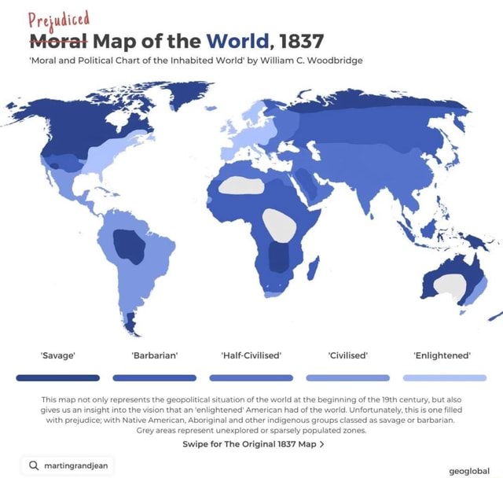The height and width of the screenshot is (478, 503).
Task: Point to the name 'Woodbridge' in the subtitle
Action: click(x=333, y=61)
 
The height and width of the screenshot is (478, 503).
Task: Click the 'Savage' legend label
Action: click(x=57, y=355)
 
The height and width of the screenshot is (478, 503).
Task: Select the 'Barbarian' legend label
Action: click(x=154, y=355)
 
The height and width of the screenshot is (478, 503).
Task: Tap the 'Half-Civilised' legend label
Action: click(x=251, y=355)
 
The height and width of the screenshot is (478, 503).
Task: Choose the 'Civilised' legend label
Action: click(x=347, y=355)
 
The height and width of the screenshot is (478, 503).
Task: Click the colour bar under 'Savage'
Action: click(x=57, y=378)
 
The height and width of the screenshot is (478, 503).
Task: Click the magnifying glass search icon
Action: click(x=34, y=465)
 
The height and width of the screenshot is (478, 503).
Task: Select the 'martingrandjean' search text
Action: click(x=76, y=465)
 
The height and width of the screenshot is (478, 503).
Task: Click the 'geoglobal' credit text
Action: click(x=468, y=471)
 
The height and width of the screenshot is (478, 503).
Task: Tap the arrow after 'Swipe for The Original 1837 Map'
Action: click(x=322, y=444)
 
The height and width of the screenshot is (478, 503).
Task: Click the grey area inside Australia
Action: click(x=450, y=286)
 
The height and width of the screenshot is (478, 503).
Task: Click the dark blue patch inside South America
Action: click(x=129, y=245)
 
